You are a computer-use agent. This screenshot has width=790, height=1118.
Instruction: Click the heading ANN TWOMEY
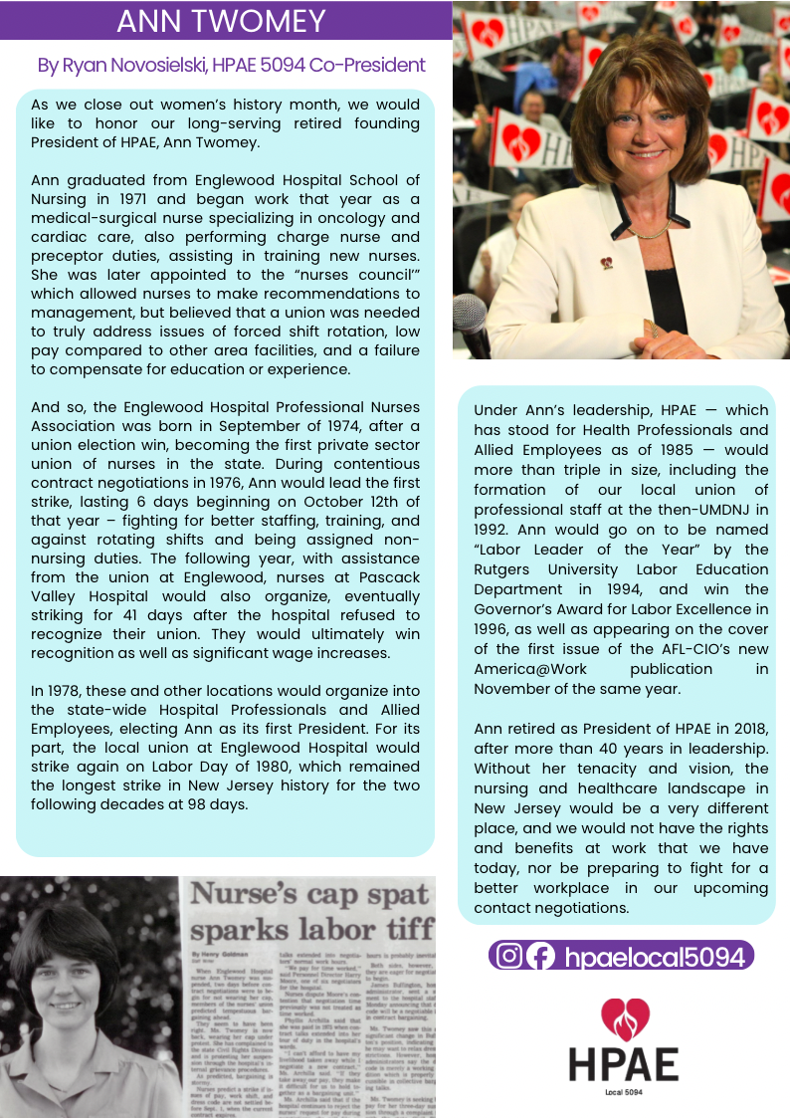click(x=221, y=20)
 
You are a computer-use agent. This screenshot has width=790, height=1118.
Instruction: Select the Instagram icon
click(x=509, y=956)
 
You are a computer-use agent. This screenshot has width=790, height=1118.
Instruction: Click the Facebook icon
click(x=540, y=956)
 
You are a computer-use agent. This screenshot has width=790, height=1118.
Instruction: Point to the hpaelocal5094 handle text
click(x=654, y=957)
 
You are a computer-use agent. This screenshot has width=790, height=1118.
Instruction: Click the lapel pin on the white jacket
click(x=605, y=263)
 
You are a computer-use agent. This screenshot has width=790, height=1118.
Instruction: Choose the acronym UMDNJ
click(x=722, y=510)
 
